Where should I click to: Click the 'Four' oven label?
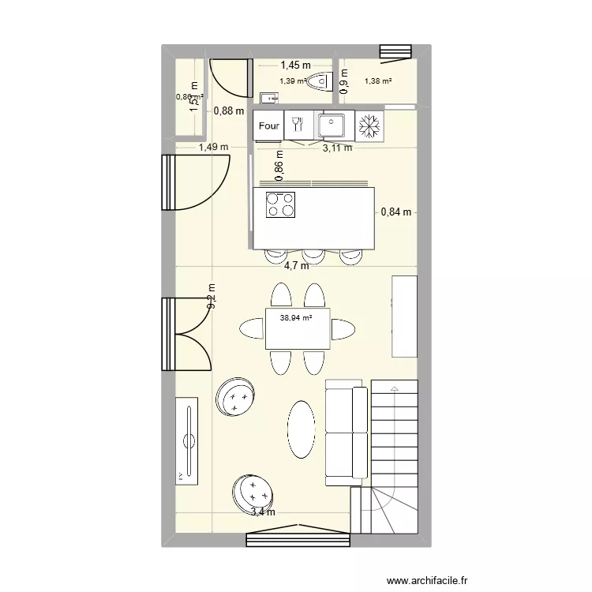pyautogui.click(x=269, y=126)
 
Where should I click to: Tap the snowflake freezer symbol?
pyautogui.click(x=368, y=126)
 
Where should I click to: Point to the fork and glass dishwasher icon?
pyautogui.click(x=298, y=125)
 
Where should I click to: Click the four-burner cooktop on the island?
pyautogui.click(x=281, y=204)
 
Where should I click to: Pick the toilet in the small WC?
pyautogui.click(x=319, y=81)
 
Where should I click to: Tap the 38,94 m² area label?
pyautogui.click(x=296, y=318)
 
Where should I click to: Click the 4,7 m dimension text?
pyautogui.click(x=298, y=266)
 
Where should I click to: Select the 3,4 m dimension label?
pyautogui.click(x=264, y=512)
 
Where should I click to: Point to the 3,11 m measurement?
pyautogui.click(x=337, y=147)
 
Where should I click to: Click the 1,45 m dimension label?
pyautogui.click(x=295, y=66)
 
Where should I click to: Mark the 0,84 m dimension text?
pyautogui.click(x=396, y=212)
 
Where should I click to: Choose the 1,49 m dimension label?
pyautogui.click(x=213, y=147)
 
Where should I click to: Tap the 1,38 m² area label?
pyautogui.click(x=378, y=81)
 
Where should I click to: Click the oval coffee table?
pyautogui.click(x=301, y=429)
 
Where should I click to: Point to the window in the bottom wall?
pyautogui.click(x=297, y=538)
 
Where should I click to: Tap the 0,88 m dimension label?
pyautogui.click(x=228, y=111)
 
